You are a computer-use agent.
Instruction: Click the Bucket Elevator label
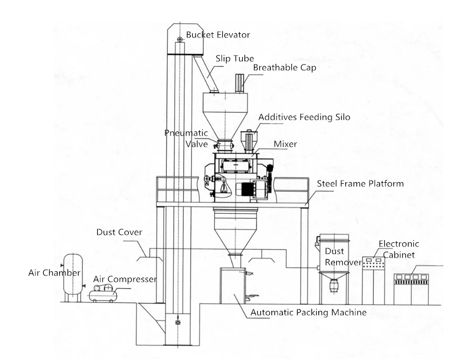point(218,35)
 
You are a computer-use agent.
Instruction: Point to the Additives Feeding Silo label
point(304,117)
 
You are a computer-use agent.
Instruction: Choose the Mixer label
point(285,144)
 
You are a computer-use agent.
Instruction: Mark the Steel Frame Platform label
point(360,184)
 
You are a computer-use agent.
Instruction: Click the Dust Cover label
point(119,232)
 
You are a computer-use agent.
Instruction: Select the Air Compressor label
point(125,279)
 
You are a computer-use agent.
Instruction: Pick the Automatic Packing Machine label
point(308,312)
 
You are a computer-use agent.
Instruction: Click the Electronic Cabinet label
point(399,249)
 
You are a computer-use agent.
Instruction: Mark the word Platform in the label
point(387,184)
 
